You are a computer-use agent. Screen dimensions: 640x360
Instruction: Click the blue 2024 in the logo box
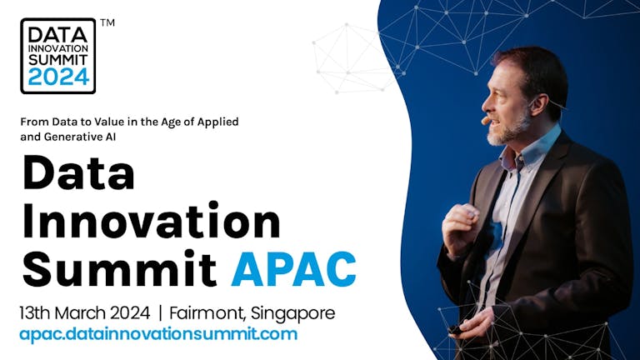(x=58, y=77)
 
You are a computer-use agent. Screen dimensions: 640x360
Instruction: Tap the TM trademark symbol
(x=107, y=22)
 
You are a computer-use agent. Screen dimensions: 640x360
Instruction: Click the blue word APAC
(x=293, y=269)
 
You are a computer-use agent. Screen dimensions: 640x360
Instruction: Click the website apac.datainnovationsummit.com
(x=158, y=334)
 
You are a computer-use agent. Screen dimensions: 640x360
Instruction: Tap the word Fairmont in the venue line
(x=207, y=313)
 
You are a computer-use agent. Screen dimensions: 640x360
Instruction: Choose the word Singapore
(x=293, y=314)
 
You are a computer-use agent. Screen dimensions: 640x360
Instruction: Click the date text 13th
(x=34, y=313)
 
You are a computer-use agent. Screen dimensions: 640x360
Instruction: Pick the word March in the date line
(x=80, y=313)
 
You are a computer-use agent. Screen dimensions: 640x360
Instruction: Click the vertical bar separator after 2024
(x=160, y=313)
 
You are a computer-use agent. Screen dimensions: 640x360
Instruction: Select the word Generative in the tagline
(x=69, y=137)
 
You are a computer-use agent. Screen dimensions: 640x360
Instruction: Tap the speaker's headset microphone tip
(x=485, y=121)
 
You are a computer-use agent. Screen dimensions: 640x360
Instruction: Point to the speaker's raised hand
(x=461, y=228)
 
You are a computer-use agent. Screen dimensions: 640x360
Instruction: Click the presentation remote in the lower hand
(x=455, y=329)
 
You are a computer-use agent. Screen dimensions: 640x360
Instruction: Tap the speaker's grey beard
(x=508, y=130)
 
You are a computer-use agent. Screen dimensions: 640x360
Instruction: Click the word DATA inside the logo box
(x=58, y=35)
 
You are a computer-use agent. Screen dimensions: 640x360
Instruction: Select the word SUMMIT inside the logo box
(x=58, y=60)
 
